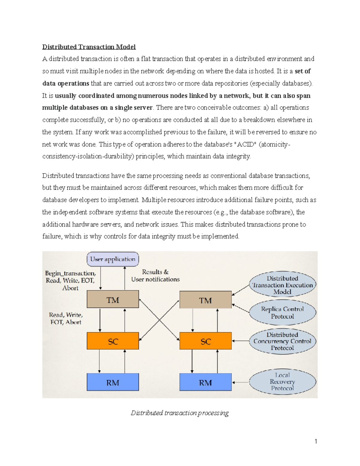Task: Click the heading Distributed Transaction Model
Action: click(89, 47)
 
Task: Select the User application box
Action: click(113, 259)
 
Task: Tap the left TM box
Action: click(113, 299)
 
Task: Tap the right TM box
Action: click(205, 300)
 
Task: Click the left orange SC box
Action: click(113, 341)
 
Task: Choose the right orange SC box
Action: click(205, 341)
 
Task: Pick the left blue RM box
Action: click(113, 382)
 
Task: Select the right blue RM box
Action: click(205, 382)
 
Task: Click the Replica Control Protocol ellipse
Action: click(282, 313)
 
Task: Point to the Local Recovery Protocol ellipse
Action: click(282, 382)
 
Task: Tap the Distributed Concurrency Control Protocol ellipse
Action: click(282, 341)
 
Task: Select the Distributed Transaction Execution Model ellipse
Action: click(282, 285)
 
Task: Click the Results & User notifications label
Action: click(155, 275)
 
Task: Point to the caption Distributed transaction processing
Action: click(180, 413)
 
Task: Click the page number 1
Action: click(316, 441)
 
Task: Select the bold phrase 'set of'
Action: click(303, 71)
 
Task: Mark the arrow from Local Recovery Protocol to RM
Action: click(241, 382)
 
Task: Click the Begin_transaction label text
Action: click(70, 273)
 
